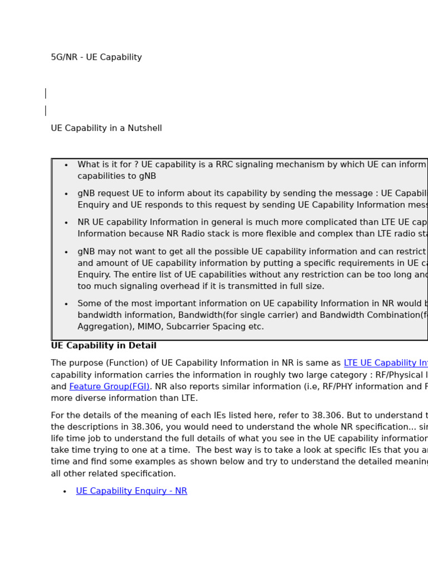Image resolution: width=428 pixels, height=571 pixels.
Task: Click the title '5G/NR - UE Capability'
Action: click(96, 57)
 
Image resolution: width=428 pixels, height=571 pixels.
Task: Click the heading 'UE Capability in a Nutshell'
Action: click(106, 128)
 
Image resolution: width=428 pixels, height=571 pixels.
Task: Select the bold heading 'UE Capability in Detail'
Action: click(104, 346)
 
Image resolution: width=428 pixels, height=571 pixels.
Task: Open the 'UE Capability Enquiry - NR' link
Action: click(132, 491)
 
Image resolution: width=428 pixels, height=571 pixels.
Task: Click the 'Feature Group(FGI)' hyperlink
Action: click(109, 386)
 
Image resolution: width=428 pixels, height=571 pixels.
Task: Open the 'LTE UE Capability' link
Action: click(385, 363)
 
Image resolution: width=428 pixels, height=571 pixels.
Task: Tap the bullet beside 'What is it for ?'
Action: click(66, 166)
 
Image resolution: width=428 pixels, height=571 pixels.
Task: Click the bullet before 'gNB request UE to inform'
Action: click(66, 194)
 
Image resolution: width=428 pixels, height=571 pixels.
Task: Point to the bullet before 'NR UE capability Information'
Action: click(66, 223)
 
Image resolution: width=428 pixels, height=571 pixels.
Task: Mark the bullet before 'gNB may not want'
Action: click(66, 252)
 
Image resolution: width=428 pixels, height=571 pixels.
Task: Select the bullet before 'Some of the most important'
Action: click(66, 304)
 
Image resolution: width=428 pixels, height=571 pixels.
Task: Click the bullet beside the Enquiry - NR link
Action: click(65, 492)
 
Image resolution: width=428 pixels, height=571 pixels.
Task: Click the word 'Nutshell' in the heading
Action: click(144, 128)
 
